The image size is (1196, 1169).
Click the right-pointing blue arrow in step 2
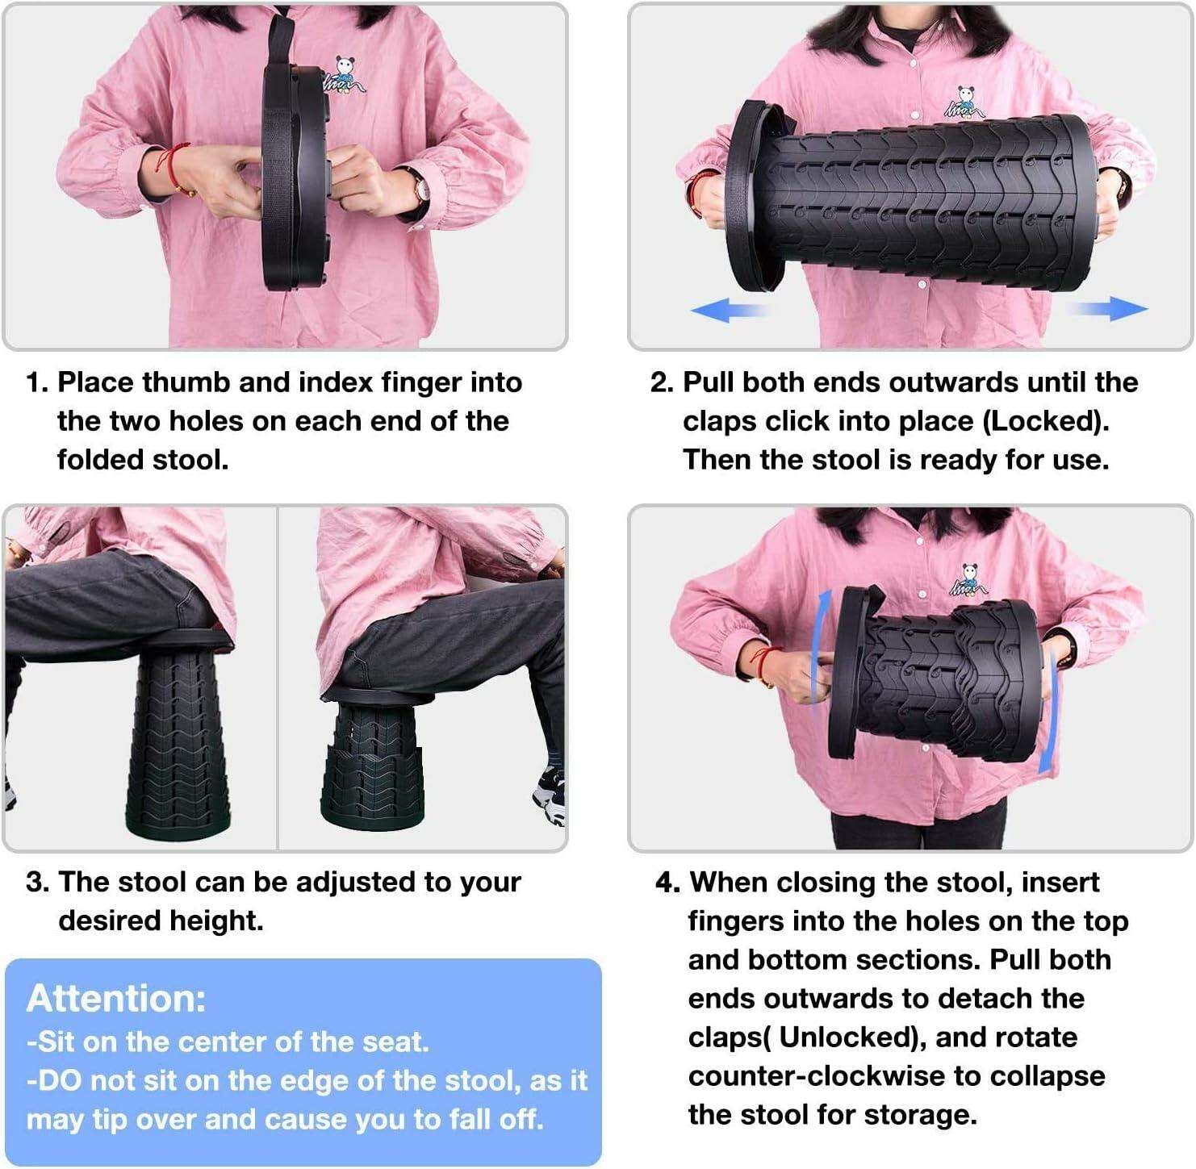(x=1107, y=308)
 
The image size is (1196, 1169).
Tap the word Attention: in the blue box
(x=115, y=998)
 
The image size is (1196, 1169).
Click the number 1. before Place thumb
(x=37, y=382)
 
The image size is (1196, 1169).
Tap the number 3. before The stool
(x=38, y=882)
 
